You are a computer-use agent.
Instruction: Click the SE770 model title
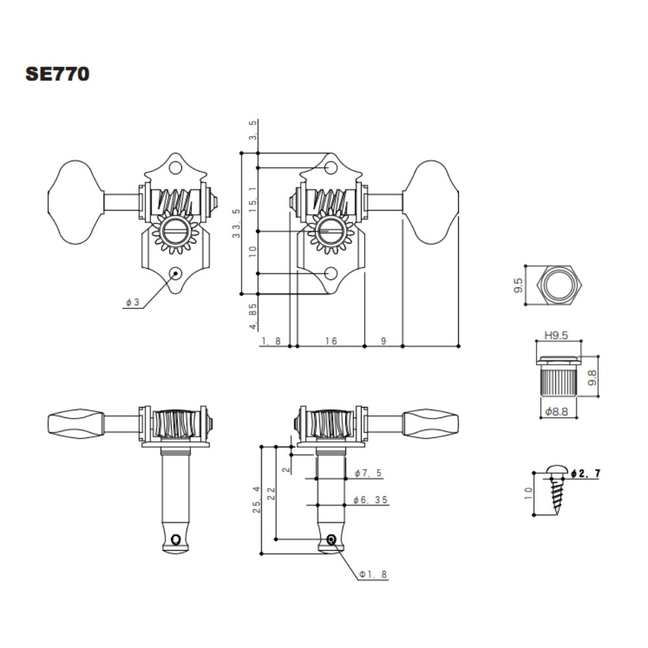pos(58,74)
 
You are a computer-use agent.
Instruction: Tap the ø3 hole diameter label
pos(133,303)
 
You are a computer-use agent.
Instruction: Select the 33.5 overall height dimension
pos(236,223)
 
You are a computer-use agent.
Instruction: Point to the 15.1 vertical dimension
pos(253,199)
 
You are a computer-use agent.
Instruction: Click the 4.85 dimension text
pos(253,317)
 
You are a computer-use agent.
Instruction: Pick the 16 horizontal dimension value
pos(331,341)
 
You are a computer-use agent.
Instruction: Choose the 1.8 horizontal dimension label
pos(271,341)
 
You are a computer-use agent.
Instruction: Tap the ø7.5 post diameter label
pos(368,473)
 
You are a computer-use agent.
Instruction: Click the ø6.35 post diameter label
pos(370,500)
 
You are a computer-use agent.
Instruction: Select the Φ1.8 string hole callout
pos(373,574)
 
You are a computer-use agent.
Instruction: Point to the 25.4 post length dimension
pos(257,500)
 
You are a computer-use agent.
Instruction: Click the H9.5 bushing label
pos(556,335)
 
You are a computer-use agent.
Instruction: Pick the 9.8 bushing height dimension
pos(592,378)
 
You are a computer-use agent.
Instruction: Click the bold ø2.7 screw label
pos(585,474)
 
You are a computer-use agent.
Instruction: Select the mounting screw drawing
pos(556,489)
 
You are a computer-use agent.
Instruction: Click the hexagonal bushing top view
pos(559,285)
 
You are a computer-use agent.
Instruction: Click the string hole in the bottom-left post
pos(176,539)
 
